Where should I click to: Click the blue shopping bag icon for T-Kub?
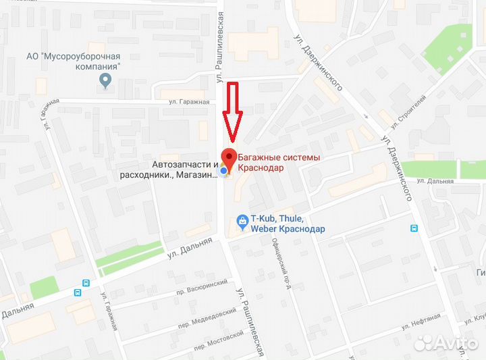tap(241, 220)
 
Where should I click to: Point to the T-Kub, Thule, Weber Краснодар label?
tap(288, 224)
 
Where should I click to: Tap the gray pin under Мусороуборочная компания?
tap(105, 82)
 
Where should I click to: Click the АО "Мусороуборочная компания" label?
tap(82, 61)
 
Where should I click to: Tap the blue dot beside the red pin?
tap(223, 172)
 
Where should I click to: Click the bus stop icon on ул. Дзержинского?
tap(414, 228)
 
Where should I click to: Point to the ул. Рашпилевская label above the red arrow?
tap(219, 41)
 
